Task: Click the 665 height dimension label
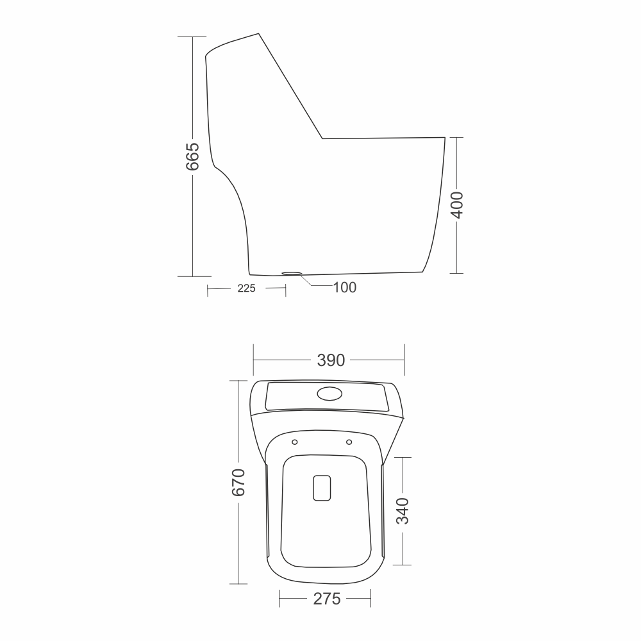pos(192,156)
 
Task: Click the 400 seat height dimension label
pos(457,205)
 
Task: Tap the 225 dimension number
pos(247,288)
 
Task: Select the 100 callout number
pos(345,287)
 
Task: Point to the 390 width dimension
pos(331,360)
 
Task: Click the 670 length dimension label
pos(238,483)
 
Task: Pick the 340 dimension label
pos(403,511)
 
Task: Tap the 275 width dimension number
pos(327,599)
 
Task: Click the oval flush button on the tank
pos(329,394)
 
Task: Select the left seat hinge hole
pos(295,442)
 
